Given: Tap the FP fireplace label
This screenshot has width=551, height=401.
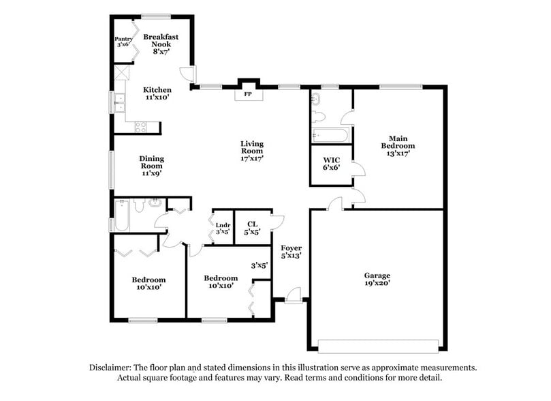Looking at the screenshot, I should click(248, 95).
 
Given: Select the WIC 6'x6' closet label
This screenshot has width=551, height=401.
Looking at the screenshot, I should click(331, 164).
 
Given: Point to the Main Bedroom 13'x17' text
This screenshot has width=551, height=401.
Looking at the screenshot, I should click(398, 145).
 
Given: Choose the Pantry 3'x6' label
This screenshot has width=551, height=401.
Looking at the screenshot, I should click(123, 42).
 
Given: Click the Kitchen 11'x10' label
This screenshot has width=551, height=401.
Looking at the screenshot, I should click(157, 93).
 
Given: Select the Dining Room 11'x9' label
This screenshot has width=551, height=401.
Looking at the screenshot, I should click(152, 166).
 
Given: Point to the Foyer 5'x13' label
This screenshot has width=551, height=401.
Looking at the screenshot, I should click(291, 252).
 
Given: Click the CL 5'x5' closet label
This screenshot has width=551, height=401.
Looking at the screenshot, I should click(252, 227).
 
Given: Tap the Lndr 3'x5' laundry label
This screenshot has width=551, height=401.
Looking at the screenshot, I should click(223, 228).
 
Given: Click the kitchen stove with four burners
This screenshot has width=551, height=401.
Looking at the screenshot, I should click(142, 126).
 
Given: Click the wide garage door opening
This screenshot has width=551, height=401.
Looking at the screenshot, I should click(377, 344).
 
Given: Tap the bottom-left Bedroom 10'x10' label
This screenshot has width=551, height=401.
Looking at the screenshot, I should click(148, 283).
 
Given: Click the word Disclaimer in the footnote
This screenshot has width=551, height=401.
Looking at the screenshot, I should click(112, 367).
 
